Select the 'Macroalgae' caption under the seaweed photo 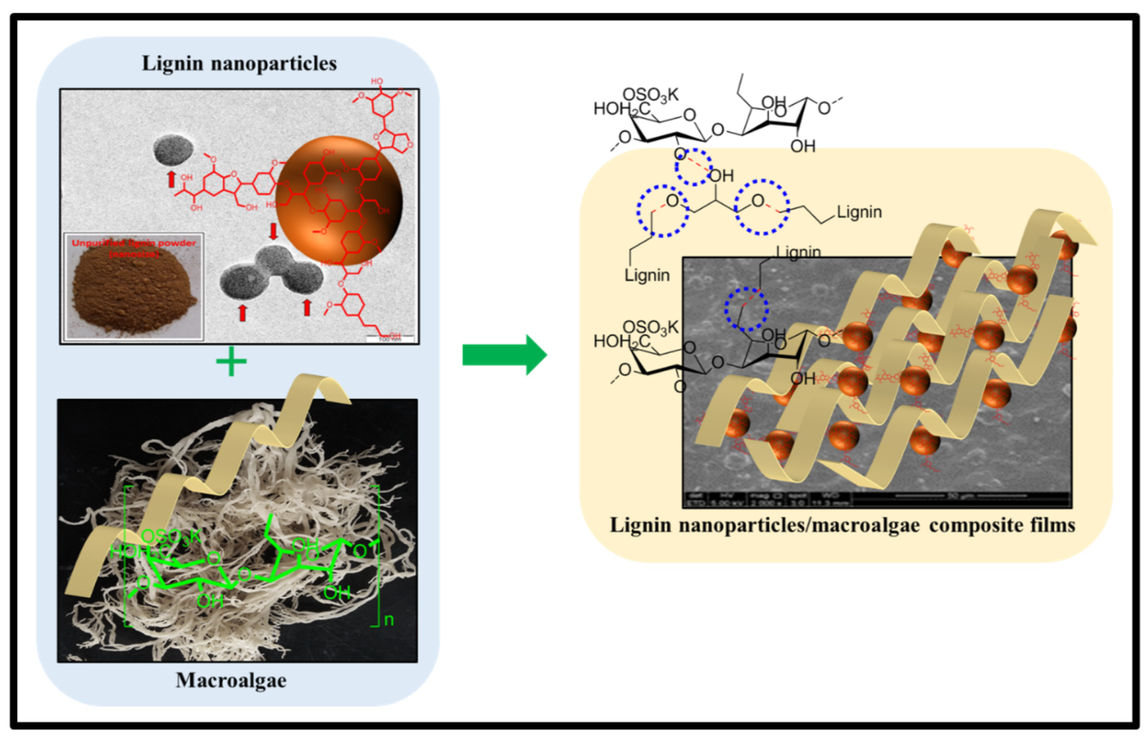click(231, 680)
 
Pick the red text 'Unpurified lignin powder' click(134, 243)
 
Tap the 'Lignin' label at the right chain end click(859, 212)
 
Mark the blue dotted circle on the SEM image click(746, 309)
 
